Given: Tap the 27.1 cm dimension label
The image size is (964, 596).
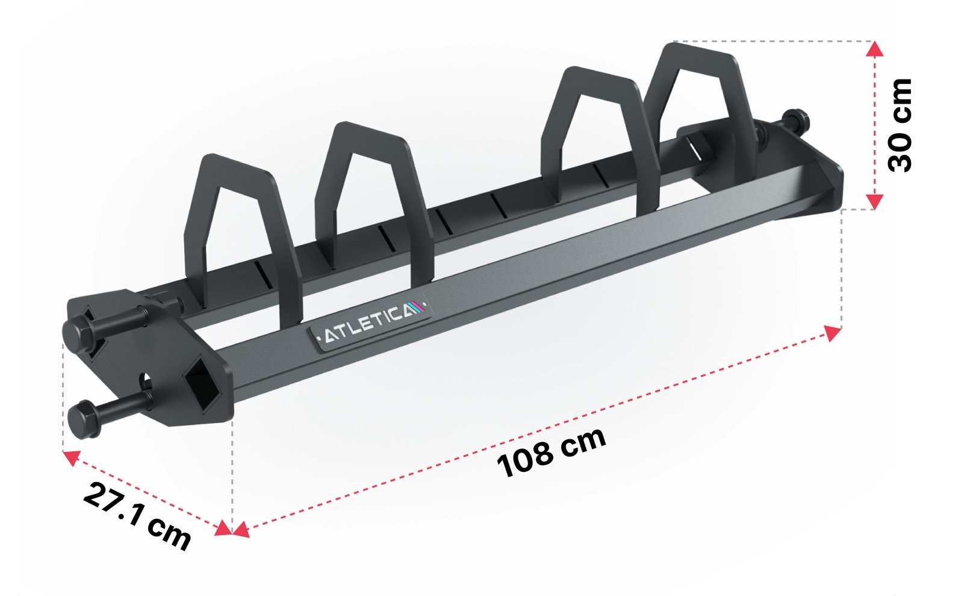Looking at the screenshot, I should tap(137, 516).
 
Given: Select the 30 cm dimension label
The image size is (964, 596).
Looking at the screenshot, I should tap(901, 125).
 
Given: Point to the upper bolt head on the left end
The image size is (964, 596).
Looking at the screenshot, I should tap(79, 330).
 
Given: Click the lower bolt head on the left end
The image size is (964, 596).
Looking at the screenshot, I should tap(84, 418).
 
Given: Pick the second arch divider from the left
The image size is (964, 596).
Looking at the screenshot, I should tap(373, 193).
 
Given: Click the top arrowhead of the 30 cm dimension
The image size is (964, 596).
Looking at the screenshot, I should tap(874, 49).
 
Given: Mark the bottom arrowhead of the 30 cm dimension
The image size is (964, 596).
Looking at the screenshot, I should tap(874, 201).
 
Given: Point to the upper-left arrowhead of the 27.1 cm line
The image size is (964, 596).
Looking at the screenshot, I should tap(71, 457).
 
